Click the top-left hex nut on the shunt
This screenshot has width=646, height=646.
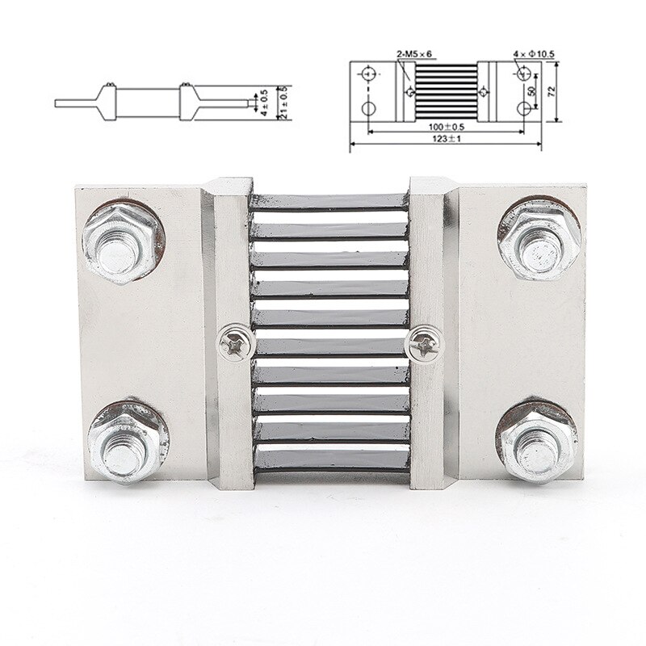(x=120, y=241)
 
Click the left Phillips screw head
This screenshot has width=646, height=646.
(x=237, y=342)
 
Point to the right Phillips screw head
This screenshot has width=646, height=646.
(x=425, y=343)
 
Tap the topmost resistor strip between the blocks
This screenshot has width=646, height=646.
(x=329, y=201)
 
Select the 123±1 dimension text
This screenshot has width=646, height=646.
(x=445, y=139)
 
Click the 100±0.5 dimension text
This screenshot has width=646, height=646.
(x=445, y=127)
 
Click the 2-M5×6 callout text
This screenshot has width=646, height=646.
(x=414, y=54)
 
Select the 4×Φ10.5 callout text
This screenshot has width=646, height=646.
(x=534, y=54)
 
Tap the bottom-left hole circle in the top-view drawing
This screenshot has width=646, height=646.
(x=368, y=108)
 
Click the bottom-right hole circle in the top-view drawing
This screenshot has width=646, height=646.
(x=519, y=108)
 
